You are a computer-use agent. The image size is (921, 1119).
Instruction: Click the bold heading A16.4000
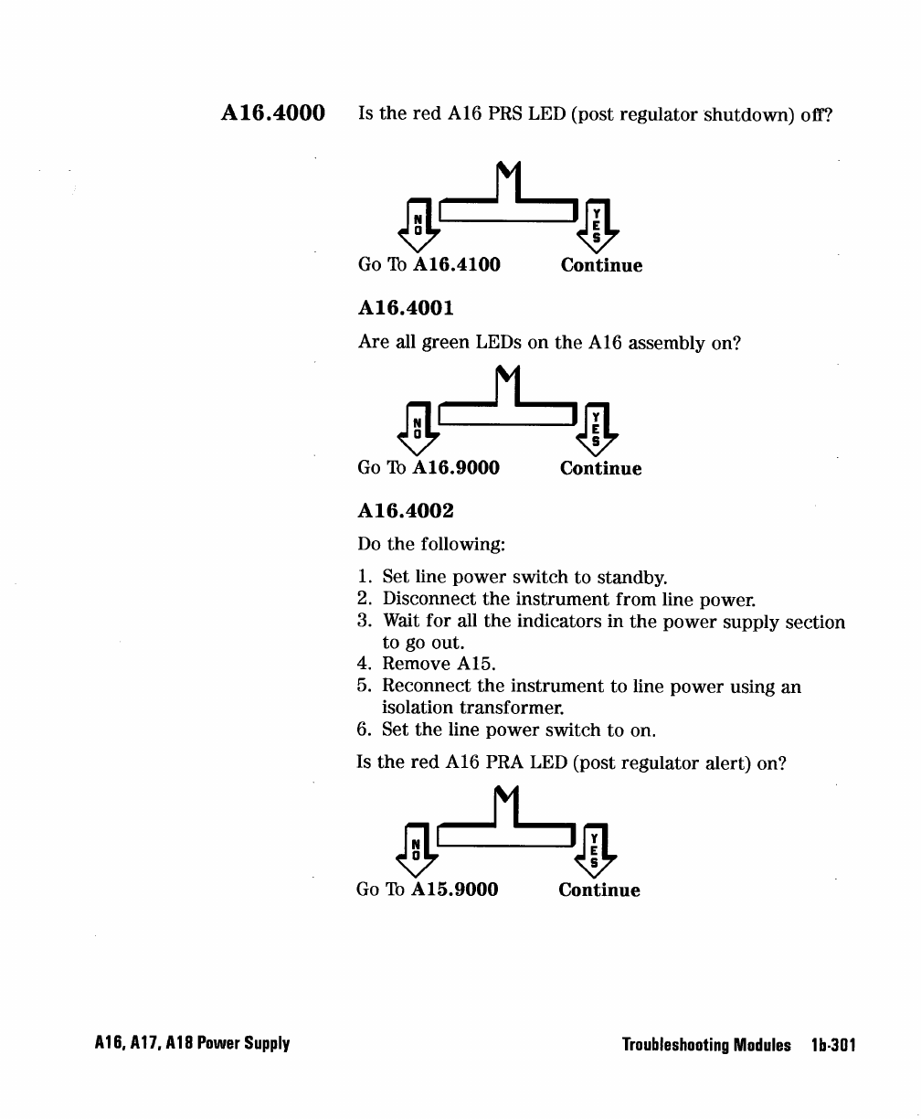tap(273, 114)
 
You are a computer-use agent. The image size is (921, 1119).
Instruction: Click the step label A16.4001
tap(405, 309)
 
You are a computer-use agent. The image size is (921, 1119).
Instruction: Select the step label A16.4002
tap(405, 511)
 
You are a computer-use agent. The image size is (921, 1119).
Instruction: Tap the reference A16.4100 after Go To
tap(457, 265)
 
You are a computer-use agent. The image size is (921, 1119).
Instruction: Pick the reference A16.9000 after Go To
tap(456, 468)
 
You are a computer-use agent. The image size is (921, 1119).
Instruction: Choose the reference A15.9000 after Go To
tap(455, 890)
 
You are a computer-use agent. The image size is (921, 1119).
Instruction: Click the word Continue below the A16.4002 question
tap(599, 890)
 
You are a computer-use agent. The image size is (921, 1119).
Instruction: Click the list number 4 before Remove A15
tap(364, 663)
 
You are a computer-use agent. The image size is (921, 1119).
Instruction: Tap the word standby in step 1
tap(632, 579)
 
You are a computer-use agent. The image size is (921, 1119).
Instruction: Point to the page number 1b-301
tap(832, 1045)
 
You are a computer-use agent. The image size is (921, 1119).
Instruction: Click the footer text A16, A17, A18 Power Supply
tap(192, 1044)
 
